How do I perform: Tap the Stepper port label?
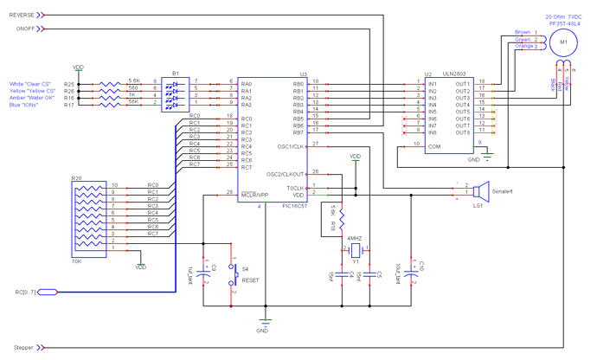[x=23, y=347]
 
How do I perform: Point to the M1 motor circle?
[x=563, y=42]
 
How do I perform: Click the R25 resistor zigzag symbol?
[x=110, y=84]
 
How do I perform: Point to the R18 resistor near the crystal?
[x=343, y=216]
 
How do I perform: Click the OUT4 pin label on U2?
[x=463, y=105]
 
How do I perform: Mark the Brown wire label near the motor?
[x=523, y=32]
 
